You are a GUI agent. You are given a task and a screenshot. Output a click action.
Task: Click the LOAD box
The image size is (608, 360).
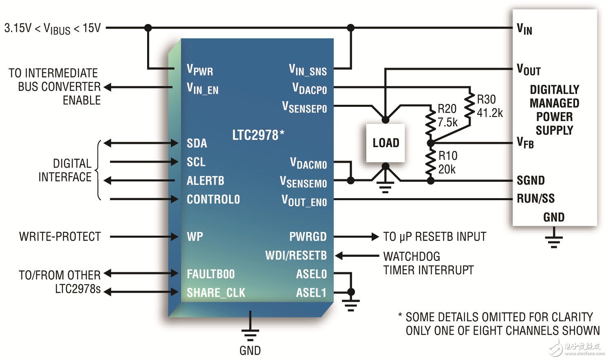click(385, 143)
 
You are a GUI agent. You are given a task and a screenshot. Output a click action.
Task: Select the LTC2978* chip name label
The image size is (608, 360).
click(258, 135)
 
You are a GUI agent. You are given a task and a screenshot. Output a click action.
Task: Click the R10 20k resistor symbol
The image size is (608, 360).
click(430, 162)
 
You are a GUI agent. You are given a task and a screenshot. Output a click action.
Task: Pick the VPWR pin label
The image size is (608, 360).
click(200, 70)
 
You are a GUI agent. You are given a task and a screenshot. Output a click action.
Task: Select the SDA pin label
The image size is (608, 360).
click(197, 143)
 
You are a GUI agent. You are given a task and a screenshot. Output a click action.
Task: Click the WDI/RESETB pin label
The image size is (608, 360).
click(296, 256)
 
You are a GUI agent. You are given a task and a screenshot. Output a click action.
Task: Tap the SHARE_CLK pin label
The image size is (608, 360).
click(216, 293)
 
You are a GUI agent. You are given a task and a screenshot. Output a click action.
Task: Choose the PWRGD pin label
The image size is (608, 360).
click(308, 236)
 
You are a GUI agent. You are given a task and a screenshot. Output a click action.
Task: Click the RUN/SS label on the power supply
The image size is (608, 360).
click(535, 199)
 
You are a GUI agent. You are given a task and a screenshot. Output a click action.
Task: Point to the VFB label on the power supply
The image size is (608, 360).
click(525, 143)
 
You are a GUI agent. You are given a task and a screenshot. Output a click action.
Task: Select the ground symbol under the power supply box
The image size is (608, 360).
click(553, 241)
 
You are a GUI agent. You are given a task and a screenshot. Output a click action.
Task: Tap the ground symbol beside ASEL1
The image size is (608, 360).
click(350, 305)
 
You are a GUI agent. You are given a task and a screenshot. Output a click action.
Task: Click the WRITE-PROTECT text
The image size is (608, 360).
click(60, 236)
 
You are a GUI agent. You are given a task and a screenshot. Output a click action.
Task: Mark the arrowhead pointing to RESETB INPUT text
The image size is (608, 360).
click(375, 236)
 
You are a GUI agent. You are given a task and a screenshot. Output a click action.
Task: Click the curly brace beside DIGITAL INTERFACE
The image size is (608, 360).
click(98, 170)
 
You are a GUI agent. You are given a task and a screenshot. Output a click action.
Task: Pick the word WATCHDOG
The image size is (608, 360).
click(412, 256)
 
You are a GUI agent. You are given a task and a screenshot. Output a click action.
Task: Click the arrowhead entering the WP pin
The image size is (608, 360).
click(174, 236)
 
